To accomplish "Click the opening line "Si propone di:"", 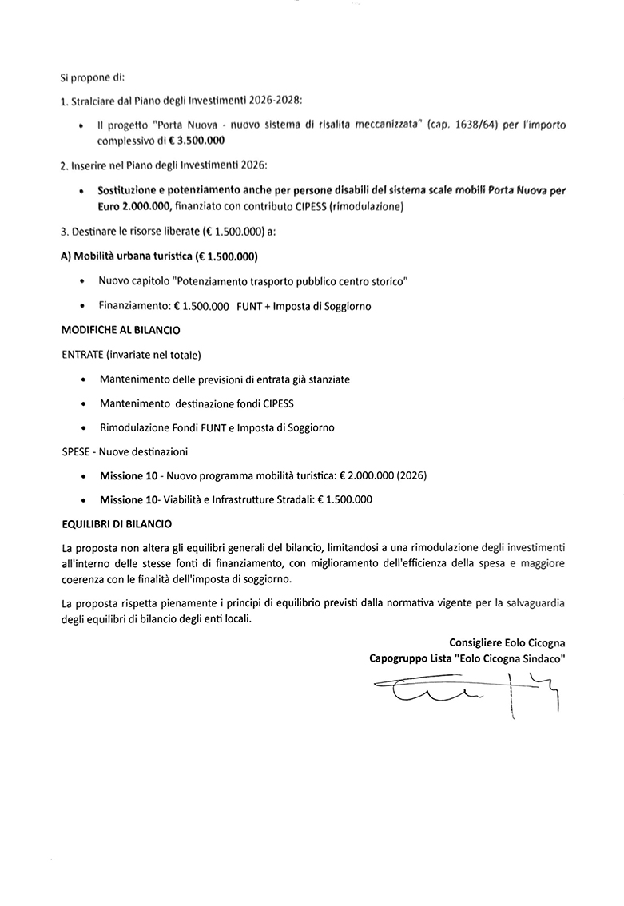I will (x=93, y=78).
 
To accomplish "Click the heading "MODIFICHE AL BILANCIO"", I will (x=120, y=330).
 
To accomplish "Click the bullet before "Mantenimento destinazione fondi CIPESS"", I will (x=84, y=403).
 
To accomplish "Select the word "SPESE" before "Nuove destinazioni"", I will (x=76, y=451).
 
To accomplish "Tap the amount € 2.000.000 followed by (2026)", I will (x=367, y=475).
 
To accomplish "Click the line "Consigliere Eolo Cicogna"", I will (x=511, y=642).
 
